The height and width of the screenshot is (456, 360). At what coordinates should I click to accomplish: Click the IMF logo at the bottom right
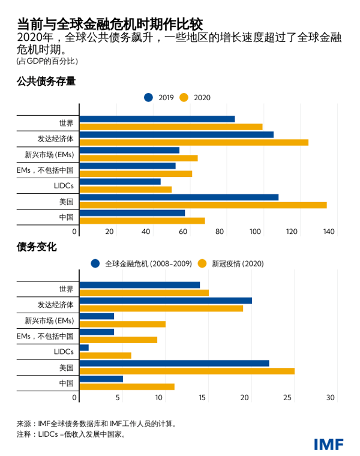(328, 444)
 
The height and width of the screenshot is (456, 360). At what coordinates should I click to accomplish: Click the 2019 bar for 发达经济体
(176, 134)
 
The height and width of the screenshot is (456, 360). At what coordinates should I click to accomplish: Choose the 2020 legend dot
(184, 97)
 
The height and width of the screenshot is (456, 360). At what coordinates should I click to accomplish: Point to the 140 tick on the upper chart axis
(329, 232)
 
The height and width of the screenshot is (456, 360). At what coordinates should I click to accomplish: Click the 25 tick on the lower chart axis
(288, 397)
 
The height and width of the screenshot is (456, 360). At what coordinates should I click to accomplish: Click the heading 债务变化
(37, 247)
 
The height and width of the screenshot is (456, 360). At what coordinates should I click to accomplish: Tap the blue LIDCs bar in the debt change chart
(84, 347)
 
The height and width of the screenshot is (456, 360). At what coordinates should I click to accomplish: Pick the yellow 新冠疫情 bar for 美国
(187, 371)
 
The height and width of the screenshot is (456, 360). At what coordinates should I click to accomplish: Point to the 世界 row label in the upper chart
(66, 123)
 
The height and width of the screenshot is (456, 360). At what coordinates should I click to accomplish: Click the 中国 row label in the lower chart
(66, 383)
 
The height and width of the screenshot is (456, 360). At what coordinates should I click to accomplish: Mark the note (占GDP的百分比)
(47, 61)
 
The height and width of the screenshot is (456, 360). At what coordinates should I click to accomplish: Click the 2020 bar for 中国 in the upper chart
(142, 221)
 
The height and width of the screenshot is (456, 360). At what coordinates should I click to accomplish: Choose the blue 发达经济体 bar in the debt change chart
(166, 301)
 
